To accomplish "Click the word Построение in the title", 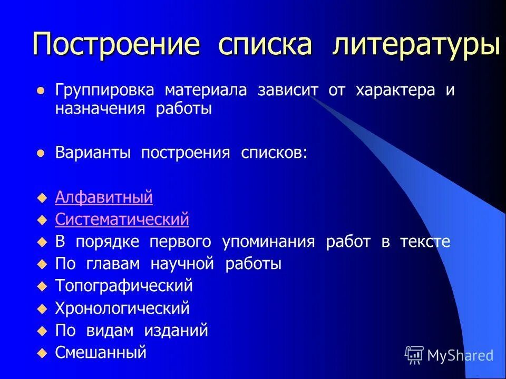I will (x=116, y=44).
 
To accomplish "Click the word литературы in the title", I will (x=416, y=44).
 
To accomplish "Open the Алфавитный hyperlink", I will (x=104, y=197).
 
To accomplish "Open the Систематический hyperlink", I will (x=122, y=220).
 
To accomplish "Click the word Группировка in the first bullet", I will (x=104, y=90).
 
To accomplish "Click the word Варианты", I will (x=95, y=153).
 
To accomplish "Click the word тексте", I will (x=424, y=242).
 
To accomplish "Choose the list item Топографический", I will (x=124, y=286).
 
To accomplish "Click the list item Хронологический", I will (x=122, y=308).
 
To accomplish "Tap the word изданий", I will (x=179, y=331).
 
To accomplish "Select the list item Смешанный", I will (x=100, y=353).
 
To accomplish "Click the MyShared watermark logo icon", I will (x=414, y=355).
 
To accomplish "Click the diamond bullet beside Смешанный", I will (x=43, y=353).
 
